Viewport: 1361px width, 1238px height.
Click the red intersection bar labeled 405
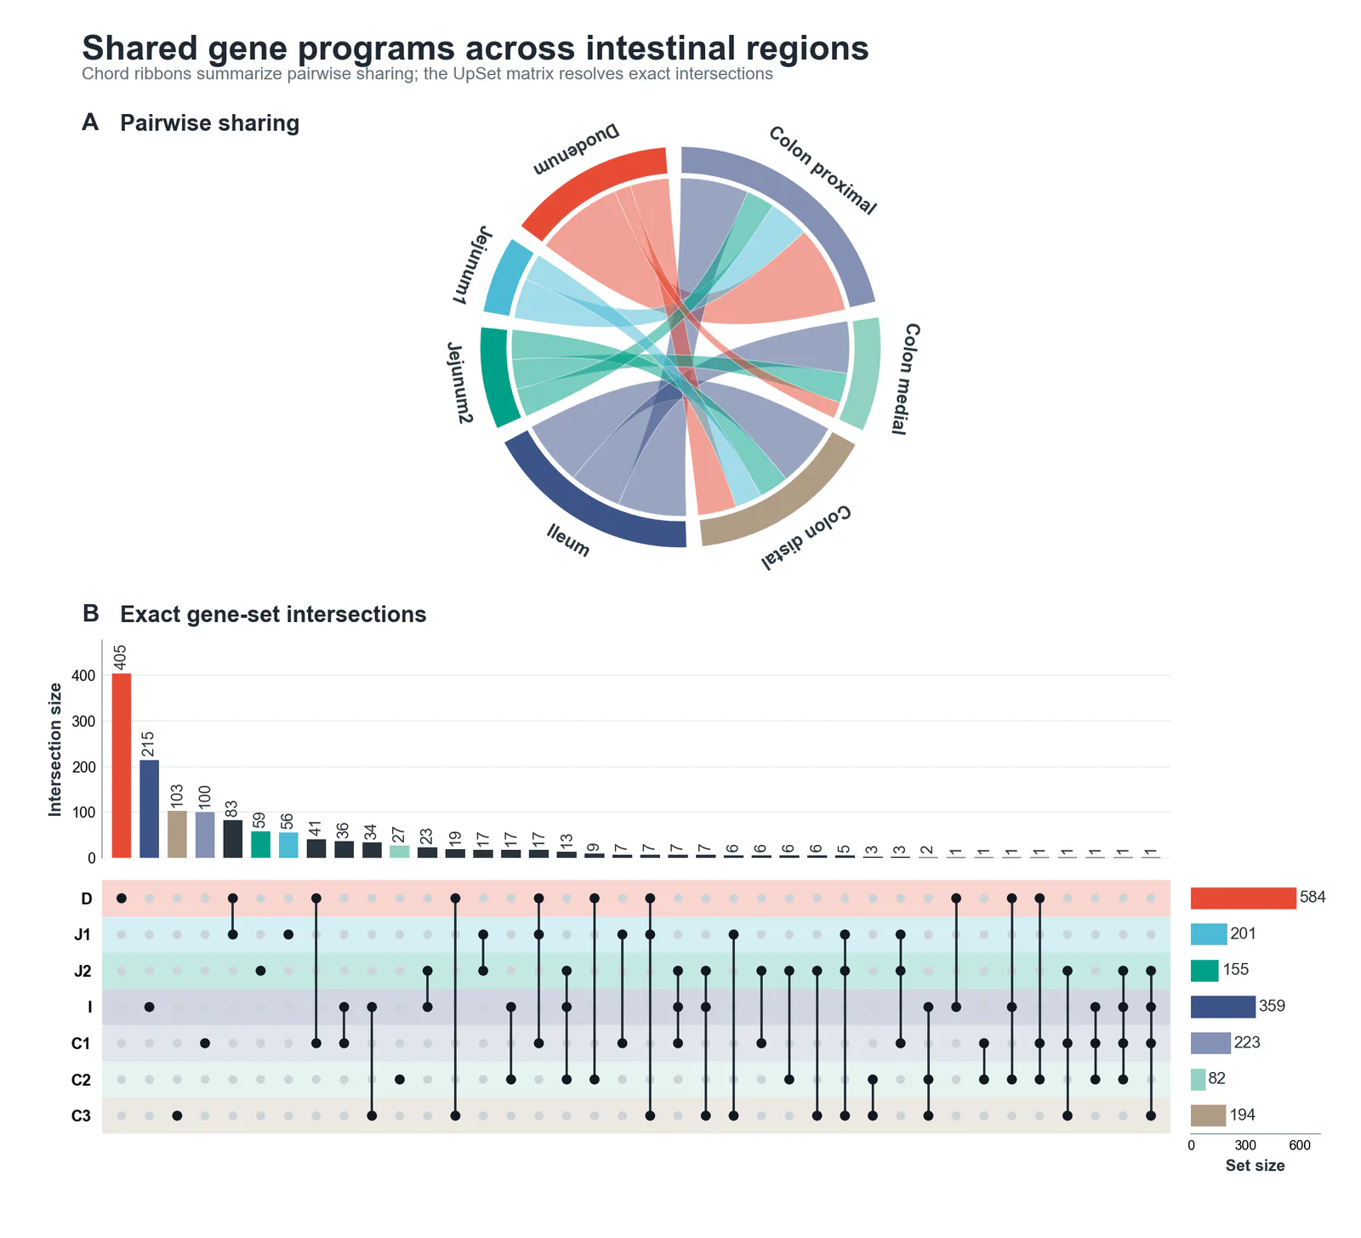click(122, 766)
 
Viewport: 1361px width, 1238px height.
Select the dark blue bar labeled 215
click(149, 808)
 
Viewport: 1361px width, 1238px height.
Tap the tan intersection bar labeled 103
click(177, 834)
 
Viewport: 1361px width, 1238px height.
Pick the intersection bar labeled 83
click(232, 839)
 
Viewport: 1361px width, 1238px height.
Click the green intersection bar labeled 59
click(260, 844)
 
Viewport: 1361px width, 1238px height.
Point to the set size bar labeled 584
click(1244, 898)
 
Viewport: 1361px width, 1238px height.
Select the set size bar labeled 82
click(1199, 1079)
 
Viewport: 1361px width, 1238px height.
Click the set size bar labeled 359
click(1223, 1007)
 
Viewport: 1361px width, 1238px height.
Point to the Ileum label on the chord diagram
click(568, 541)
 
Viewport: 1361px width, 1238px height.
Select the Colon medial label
click(905, 379)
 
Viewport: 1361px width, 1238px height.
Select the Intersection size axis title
click(55, 749)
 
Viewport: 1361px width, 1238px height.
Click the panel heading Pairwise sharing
click(210, 123)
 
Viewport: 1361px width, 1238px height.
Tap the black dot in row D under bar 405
click(122, 899)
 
